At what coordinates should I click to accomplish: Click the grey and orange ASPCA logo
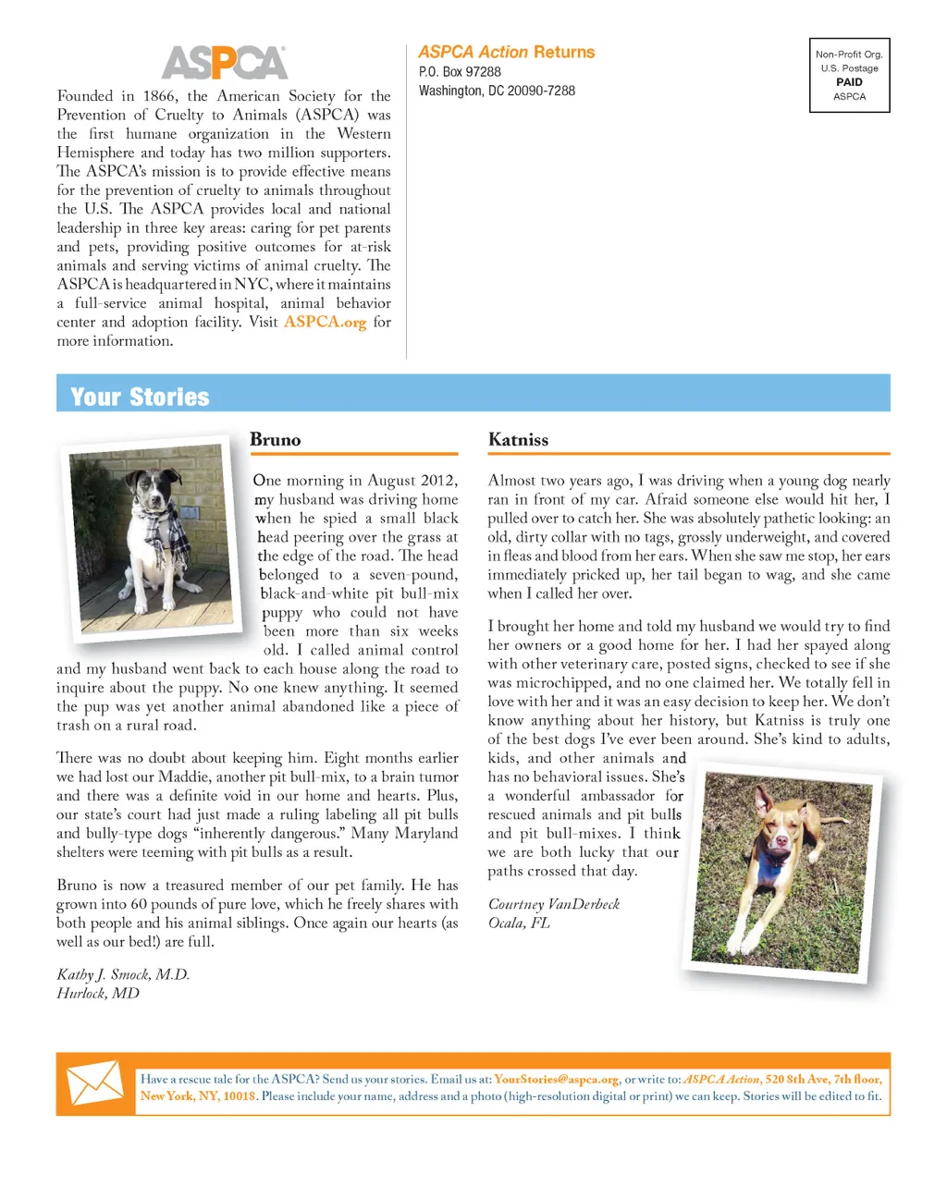click(225, 63)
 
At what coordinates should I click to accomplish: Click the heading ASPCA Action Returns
click(506, 53)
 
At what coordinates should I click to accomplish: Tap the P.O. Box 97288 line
click(460, 72)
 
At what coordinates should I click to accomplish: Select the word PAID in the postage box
click(849, 82)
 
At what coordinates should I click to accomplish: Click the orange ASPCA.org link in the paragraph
click(325, 322)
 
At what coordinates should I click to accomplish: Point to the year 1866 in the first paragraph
click(159, 96)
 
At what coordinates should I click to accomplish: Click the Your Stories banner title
click(140, 397)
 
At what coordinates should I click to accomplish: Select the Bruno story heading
click(276, 440)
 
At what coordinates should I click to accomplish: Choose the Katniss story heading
click(518, 440)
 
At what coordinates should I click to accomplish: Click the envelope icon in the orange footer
click(95, 1084)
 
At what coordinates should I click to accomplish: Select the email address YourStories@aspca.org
click(556, 1079)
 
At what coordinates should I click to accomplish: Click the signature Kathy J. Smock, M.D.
click(123, 974)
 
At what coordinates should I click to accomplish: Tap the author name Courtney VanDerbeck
click(554, 904)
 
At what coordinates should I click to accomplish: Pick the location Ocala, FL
click(519, 923)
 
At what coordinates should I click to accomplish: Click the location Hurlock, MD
click(98, 993)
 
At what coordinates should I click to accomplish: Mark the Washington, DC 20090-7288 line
click(497, 91)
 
